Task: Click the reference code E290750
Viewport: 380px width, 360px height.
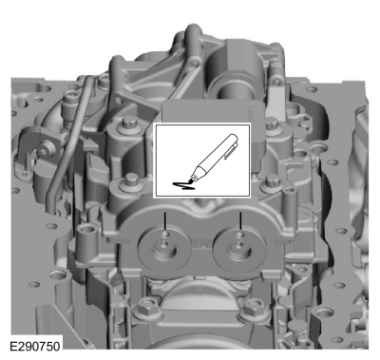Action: pyautogui.click(x=35, y=346)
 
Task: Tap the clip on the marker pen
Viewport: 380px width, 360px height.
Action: pyautogui.click(x=231, y=150)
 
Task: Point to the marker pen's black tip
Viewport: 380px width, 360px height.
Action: pyautogui.click(x=192, y=180)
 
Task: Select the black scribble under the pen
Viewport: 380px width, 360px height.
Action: pyautogui.click(x=182, y=185)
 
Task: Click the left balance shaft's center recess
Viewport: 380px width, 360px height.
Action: pyautogui.click(x=164, y=249)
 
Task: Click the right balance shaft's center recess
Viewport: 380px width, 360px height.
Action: pyautogui.click(x=239, y=249)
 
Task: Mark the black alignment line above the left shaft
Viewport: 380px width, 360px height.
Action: pyautogui.click(x=164, y=221)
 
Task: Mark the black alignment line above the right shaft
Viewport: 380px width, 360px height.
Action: pyautogui.click(x=240, y=221)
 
